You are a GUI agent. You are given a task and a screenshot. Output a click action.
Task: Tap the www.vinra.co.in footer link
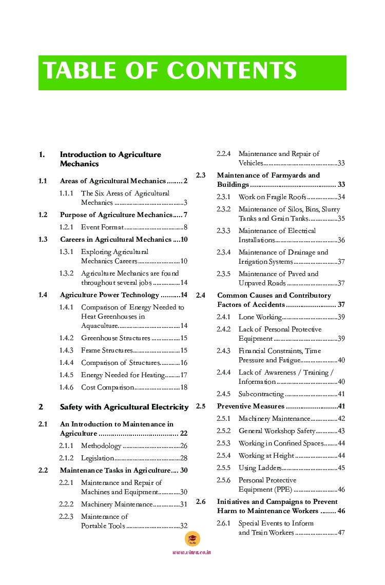(191, 552)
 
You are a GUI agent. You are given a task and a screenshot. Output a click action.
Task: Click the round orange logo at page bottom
(192, 539)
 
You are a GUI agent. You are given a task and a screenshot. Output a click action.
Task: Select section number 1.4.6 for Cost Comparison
(66, 387)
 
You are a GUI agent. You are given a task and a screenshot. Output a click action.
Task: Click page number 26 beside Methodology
(183, 446)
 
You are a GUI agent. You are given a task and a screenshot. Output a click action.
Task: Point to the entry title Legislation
(98, 458)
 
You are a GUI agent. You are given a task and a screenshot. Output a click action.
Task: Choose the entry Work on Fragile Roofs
(272, 197)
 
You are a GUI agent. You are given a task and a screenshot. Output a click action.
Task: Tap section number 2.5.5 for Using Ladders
(223, 468)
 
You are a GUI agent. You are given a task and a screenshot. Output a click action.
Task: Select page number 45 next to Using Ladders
(341, 468)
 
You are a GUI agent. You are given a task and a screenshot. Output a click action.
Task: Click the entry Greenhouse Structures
(115, 338)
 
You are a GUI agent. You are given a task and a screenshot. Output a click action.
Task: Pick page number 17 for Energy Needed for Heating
(183, 375)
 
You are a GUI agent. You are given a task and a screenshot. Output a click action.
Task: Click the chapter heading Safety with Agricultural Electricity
(124, 407)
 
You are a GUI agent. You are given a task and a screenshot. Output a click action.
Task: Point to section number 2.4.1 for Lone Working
(223, 317)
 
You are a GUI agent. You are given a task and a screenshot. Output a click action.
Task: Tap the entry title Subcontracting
(261, 394)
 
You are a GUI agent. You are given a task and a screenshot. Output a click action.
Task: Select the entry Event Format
(102, 227)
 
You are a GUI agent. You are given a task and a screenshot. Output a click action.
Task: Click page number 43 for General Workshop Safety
(341, 431)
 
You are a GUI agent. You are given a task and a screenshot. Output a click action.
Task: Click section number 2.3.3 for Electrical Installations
(223, 231)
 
